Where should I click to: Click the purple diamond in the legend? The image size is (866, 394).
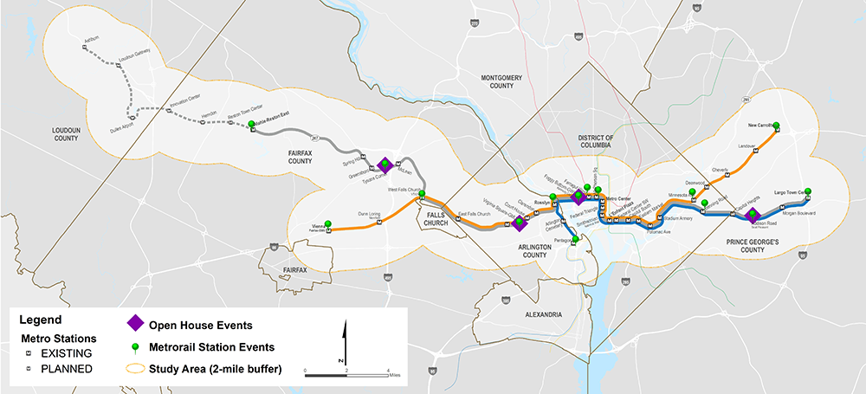tap(135, 324)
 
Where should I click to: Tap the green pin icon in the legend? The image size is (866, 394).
tap(135, 346)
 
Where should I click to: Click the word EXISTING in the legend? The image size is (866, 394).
tap(58, 353)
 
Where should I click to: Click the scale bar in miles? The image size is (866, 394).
tap(347, 374)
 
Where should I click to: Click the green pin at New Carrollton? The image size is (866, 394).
tap(776, 126)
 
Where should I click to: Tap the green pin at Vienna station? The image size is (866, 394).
tap(327, 223)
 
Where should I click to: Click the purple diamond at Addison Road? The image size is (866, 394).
tap(752, 214)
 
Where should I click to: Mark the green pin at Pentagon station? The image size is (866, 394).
tap(575, 242)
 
